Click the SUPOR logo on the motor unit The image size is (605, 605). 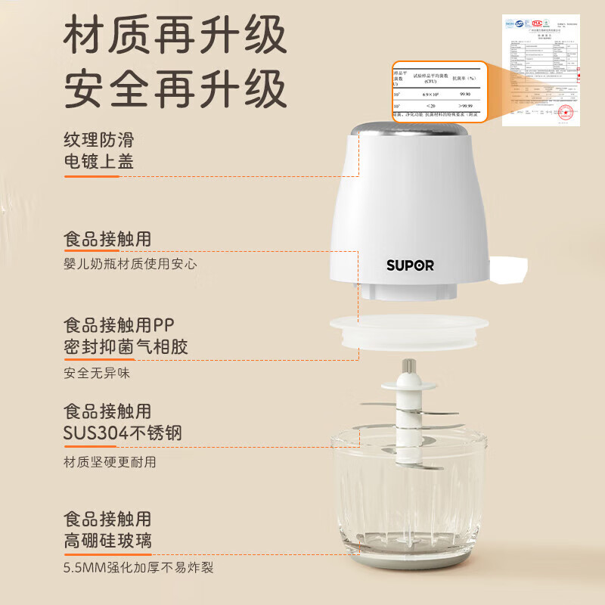click(x=410, y=265)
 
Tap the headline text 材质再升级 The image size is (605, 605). click(x=175, y=37)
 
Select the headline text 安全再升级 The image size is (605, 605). click(x=175, y=88)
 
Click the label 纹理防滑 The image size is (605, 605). click(x=104, y=140)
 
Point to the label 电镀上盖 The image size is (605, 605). click(x=104, y=162)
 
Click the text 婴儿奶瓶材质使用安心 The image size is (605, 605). click(x=131, y=264)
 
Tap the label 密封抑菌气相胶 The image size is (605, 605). click(x=126, y=347)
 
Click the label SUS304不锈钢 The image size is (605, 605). click(x=123, y=433)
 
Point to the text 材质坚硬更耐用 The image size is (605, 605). click(x=110, y=461)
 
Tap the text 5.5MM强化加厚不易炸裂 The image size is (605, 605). click(x=144, y=567)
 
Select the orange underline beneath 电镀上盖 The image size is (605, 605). click(x=92, y=176)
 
